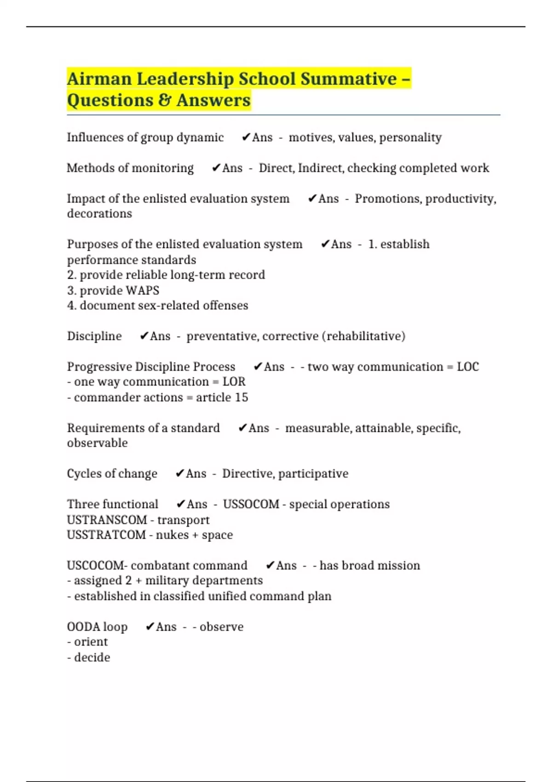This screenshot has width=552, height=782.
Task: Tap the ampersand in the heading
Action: click(x=165, y=100)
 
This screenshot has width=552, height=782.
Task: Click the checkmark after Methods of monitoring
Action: click(x=216, y=168)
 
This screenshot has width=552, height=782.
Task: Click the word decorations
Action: click(x=99, y=214)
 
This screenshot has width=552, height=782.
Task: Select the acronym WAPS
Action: click(x=142, y=291)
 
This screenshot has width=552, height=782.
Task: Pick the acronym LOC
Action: click(x=468, y=367)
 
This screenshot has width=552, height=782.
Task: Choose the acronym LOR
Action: click(x=234, y=382)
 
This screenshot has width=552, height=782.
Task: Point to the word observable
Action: click(x=98, y=443)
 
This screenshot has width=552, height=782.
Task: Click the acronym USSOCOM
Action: click(x=251, y=505)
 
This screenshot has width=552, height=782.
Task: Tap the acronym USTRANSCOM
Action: click(x=107, y=520)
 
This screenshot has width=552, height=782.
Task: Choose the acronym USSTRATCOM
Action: click(x=106, y=535)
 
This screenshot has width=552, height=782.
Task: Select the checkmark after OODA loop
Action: click(x=149, y=627)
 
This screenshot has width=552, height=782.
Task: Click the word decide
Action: click(x=92, y=658)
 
